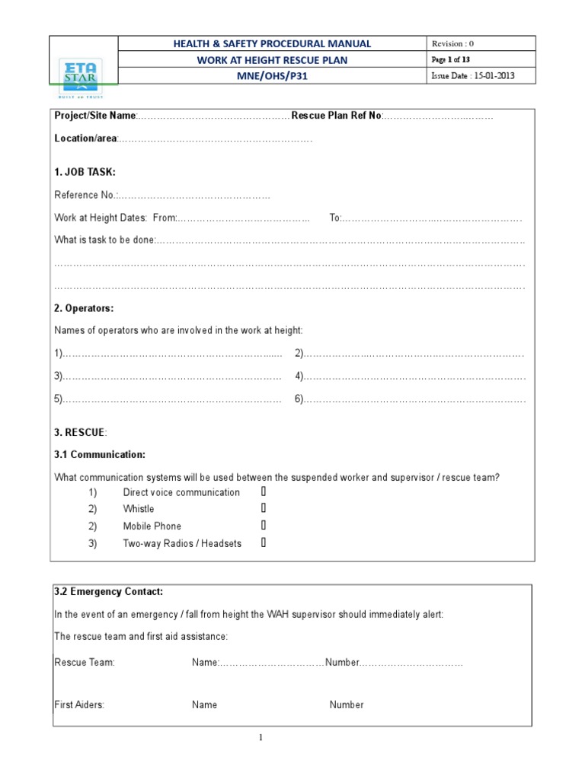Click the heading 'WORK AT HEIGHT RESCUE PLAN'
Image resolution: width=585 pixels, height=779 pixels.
[273, 60]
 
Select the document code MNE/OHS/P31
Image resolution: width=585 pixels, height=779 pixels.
[273, 77]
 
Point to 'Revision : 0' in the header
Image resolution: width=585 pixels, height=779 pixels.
[453, 43]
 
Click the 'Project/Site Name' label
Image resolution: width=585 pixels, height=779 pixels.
[94, 116]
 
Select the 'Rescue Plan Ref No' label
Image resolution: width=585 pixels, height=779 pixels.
[336, 116]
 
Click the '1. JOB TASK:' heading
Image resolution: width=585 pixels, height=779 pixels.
[85, 172]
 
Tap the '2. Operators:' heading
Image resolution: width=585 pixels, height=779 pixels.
[84, 308]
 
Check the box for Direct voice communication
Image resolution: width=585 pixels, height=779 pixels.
[264, 492]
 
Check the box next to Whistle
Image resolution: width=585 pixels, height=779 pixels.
[264, 509]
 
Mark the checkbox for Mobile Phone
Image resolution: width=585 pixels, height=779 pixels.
[264, 526]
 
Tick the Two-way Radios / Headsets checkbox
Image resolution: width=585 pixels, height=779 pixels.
[264, 543]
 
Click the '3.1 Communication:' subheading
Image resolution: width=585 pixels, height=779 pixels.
[99, 455]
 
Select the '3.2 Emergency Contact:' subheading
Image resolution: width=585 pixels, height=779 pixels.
[108, 591]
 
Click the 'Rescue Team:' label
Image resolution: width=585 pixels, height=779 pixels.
[85, 663]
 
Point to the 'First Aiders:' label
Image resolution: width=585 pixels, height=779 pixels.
[79, 704]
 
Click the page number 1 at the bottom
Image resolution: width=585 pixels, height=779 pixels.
[260, 737]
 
